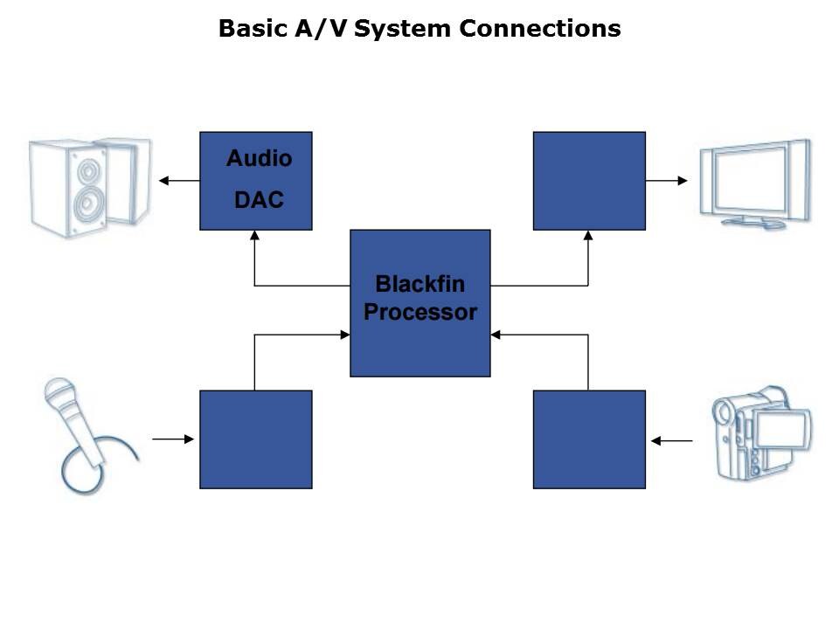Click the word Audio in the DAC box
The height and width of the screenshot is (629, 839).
[x=259, y=158]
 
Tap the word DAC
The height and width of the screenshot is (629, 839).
[x=259, y=199]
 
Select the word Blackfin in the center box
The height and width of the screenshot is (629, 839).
[x=419, y=284]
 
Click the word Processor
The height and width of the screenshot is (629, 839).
[x=419, y=312]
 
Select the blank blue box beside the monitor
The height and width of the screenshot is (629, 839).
[x=589, y=181]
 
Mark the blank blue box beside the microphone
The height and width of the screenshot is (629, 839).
[x=255, y=439]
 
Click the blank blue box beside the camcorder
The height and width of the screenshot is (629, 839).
[x=589, y=439]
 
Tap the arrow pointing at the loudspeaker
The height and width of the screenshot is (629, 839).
[x=178, y=181]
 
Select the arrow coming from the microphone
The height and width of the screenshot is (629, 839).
[x=174, y=439]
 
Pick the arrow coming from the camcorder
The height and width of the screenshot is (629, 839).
[x=672, y=441]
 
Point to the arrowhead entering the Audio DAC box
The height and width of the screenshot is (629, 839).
[x=254, y=235]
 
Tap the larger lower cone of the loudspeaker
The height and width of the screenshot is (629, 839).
[x=87, y=204]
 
